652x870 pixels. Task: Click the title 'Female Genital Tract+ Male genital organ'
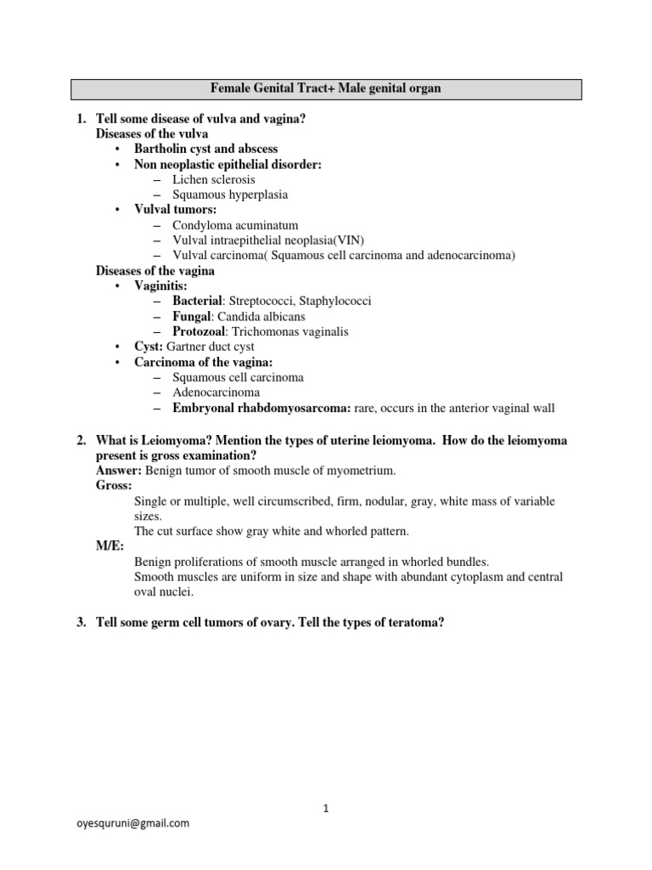click(x=326, y=88)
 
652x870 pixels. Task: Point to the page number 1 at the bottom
click(x=326, y=808)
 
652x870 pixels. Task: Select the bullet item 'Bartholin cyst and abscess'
click(x=205, y=149)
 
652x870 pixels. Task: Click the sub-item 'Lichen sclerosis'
click(x=213, y=179)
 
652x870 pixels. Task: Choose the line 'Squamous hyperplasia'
click(x=229, y=195)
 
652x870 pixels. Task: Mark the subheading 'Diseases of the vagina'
click(x=155, y=270)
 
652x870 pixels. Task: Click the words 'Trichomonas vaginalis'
click(x=289, y=331)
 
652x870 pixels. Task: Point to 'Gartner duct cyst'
click(x=210, y=347)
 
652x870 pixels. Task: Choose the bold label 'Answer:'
click(x=119, y=470)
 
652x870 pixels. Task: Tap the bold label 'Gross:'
click(x=114, y=485)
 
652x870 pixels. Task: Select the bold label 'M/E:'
click(x=110, y=546)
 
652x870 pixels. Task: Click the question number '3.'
click(x=81, y=623)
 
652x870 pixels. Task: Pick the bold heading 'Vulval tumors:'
click(x=175, y=210)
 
